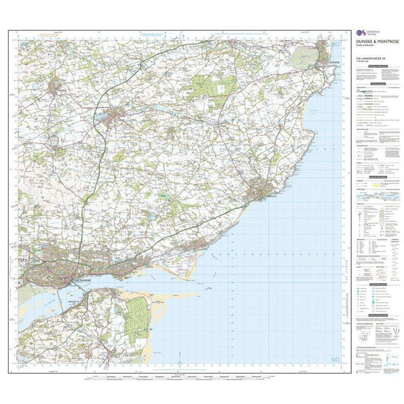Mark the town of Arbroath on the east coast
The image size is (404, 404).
(261, 191)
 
